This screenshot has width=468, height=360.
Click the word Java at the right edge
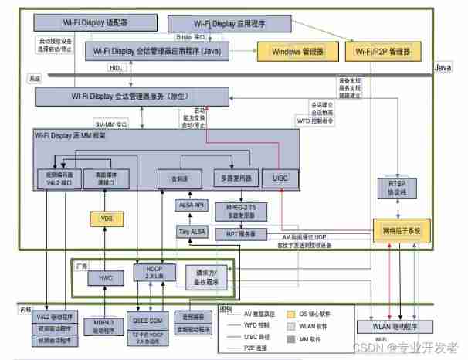443,68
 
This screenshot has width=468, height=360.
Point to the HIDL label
115,67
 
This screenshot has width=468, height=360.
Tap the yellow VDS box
107,219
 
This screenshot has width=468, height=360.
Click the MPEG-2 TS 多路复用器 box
241,209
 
